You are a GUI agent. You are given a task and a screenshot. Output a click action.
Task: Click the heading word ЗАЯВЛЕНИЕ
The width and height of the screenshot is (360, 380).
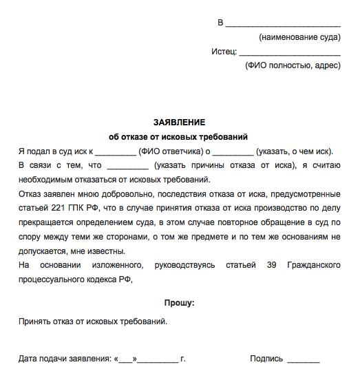point(179,122)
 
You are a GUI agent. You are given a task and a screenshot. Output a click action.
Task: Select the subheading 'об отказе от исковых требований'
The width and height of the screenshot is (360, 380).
point(179,136)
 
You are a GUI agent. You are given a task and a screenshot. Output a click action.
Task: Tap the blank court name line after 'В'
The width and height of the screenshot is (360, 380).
point(283,23)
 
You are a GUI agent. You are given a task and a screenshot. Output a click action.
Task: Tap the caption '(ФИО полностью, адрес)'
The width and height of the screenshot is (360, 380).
point(293,66)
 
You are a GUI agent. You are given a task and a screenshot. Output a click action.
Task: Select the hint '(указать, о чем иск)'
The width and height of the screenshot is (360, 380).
point(294,151)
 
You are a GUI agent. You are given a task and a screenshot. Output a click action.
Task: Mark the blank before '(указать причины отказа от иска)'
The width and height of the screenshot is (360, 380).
point(128,166)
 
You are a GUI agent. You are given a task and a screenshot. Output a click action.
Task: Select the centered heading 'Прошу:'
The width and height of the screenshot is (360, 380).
point(179,302)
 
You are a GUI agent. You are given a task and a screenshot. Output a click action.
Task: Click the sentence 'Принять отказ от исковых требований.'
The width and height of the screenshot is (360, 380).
point(93,321)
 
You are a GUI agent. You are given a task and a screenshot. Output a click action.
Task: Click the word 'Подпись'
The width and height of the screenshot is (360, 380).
point(266,359)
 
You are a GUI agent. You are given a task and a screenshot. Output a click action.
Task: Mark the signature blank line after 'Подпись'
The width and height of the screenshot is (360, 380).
point(304,359)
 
